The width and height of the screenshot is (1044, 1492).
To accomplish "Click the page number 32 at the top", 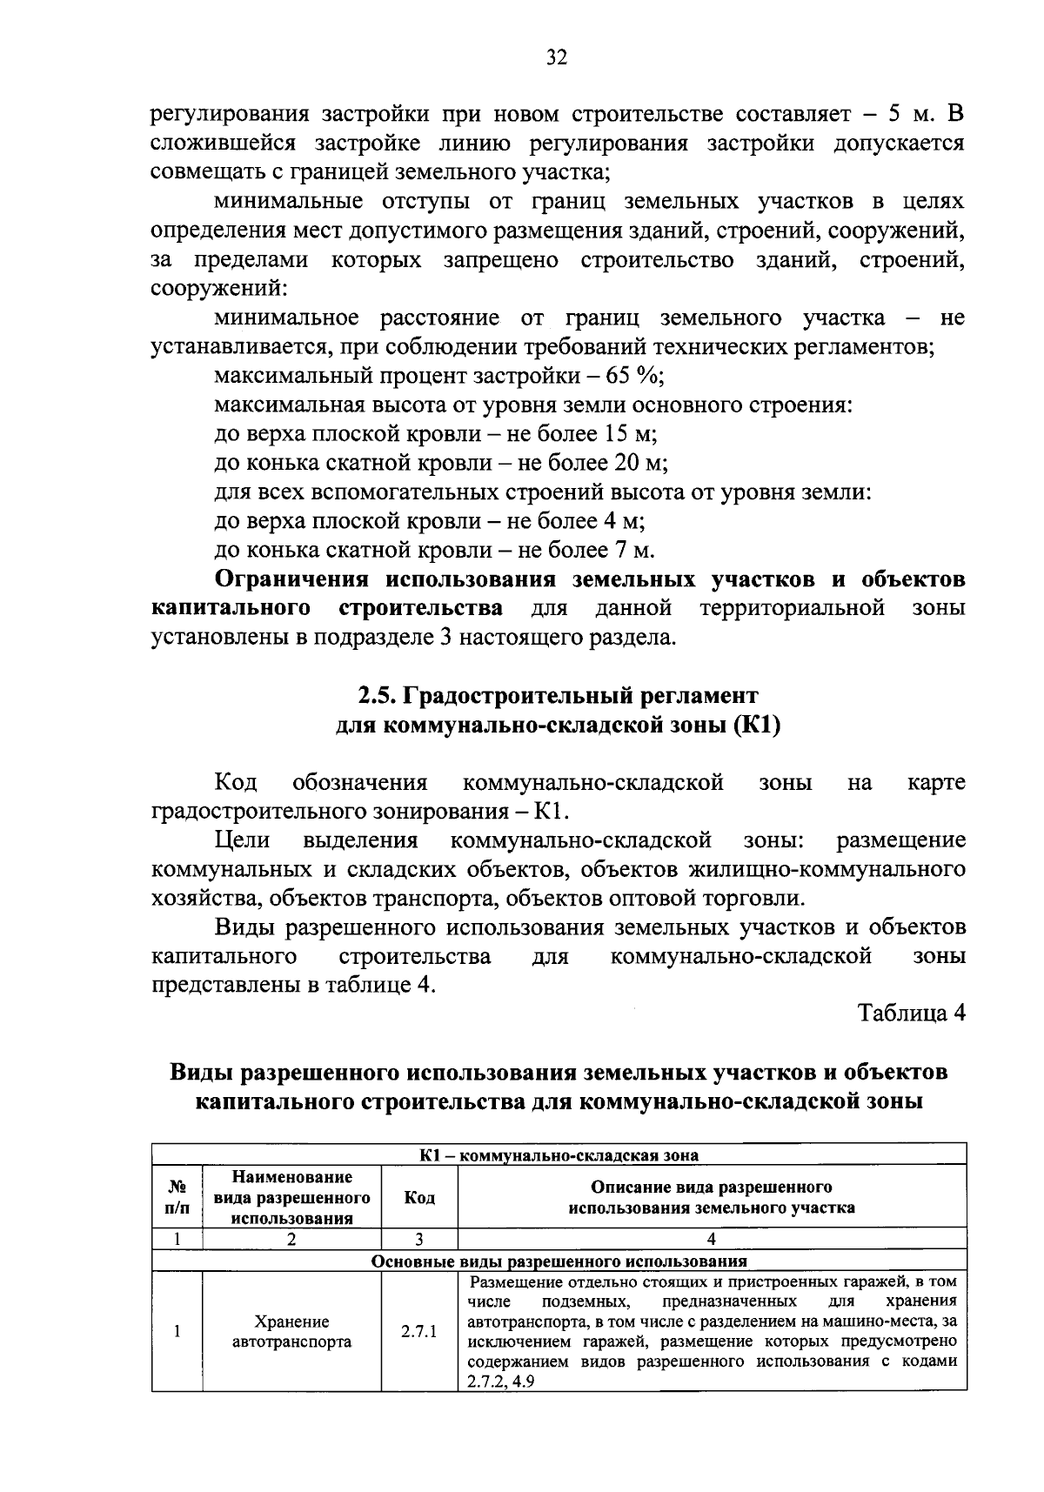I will tap(557, 58).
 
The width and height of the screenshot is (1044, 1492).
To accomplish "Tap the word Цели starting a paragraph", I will tap(241, 840).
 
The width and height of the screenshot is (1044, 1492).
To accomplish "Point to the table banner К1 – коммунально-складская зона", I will tap(559, 1155).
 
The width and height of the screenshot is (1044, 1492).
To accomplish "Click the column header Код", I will tap(419, 1198).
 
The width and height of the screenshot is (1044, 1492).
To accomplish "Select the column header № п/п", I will tap(177, 1198).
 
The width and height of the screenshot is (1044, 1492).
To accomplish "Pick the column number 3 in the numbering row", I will tap(419, 1239).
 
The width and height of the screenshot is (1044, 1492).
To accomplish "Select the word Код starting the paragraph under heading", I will tap(236, 783).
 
